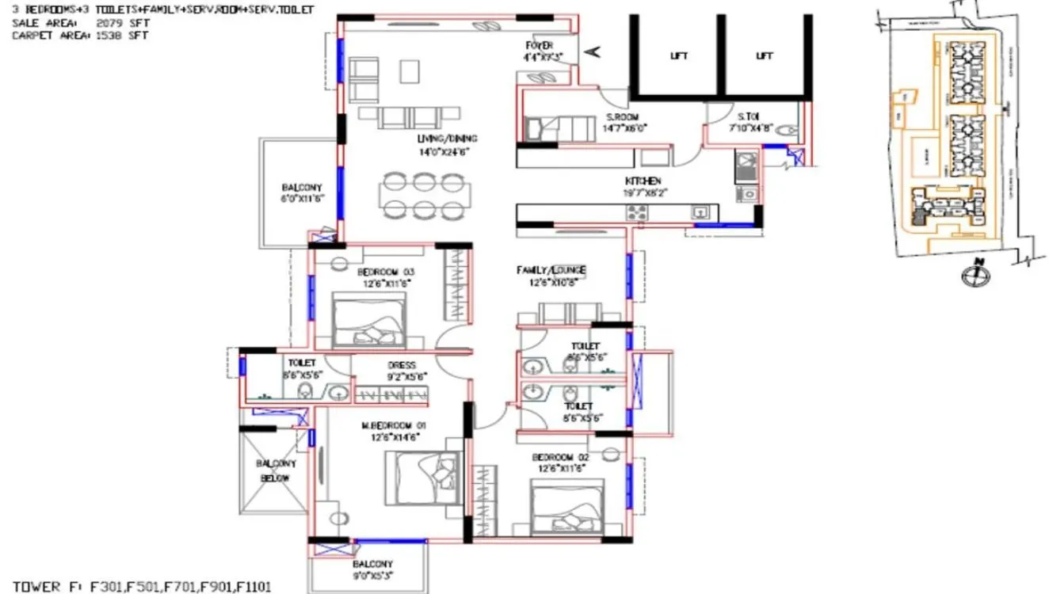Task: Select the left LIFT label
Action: (x=679, y=56)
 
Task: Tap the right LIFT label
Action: (x=764, y=56)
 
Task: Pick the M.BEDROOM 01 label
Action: (x=389, y=425)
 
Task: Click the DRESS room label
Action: (x=397, y=366)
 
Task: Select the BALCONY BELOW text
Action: (x=275, y=470)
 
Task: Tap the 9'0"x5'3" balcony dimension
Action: (x=371, y=577)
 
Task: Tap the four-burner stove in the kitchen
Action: (x=637, y=212)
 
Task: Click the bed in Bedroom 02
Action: (x=563, y=509)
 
